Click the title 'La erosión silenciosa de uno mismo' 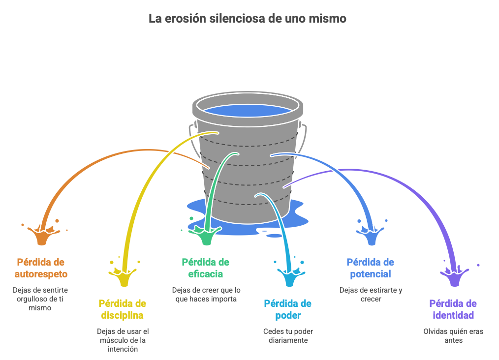(248, 19)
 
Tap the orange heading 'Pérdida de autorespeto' (41, 268)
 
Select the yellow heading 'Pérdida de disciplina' (123, 309)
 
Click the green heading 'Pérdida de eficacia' (205, 268)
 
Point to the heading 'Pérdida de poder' (287, 309)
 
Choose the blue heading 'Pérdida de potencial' (370, 268)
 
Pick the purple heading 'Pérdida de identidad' (453, 309)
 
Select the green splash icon (205, 235)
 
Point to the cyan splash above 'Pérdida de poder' (288, 276)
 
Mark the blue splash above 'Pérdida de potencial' (371, 235)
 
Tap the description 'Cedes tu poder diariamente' (288, 335)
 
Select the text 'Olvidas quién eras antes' (453, 335)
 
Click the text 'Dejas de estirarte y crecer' (371, 294)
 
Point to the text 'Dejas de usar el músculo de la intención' (123, 340)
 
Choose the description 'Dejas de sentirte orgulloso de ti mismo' (40, 299)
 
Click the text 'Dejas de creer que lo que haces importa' (206, 294)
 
